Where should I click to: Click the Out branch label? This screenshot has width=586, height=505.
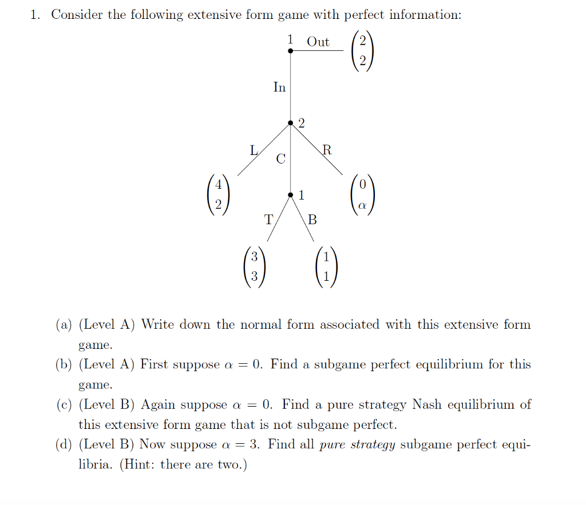point(318,42)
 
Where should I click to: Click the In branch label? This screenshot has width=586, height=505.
point(279,88)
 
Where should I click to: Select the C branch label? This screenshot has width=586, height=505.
point(280,158)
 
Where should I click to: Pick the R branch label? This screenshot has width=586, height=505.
point(326,150)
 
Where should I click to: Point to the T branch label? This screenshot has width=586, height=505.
point(268,218)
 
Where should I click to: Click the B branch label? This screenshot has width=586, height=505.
point(312,218)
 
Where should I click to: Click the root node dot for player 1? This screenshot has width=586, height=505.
point(291,51)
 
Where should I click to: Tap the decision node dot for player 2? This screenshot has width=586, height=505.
point(291,123)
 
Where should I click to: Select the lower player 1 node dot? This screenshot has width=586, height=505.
point(291,195)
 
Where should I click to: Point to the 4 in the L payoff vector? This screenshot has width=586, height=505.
point(218,185)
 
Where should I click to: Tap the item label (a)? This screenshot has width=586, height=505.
point(64,325)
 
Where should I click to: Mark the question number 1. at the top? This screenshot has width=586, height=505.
point(35,15)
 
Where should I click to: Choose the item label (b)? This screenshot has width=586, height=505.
point(64,365)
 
